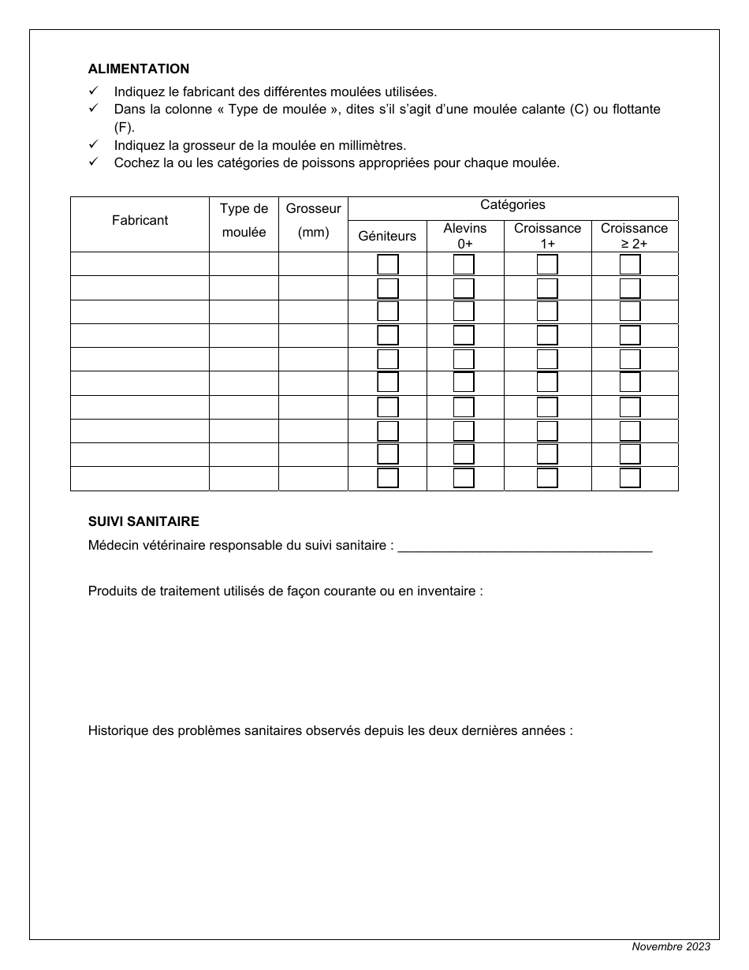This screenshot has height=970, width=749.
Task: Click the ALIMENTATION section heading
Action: (x=139, y=69)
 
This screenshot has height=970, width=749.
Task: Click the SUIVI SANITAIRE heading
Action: (x=143, y=521)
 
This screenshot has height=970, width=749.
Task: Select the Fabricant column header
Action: (x=140, y=221)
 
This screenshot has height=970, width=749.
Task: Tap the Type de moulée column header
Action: (x=244, y=221)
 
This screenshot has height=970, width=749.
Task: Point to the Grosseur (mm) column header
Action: (x=313, y=221)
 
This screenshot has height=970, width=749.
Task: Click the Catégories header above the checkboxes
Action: (x=512, y=205)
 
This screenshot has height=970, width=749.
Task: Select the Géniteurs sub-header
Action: (x=387, y=236)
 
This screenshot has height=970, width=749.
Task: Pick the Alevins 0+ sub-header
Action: (x=465, y=236)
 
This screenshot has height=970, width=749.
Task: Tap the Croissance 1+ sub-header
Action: (x=547, y=236)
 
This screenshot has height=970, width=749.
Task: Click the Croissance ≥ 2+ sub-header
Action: (x=634, y=236)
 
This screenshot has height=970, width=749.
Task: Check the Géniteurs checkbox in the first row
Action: (x=388, y=264)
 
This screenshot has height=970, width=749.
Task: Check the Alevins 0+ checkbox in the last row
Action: (x=464, y=479)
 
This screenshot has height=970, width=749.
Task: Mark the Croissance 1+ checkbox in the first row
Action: (x=547, y=264)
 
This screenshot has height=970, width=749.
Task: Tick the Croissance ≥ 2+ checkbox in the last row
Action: (x=630, y=479)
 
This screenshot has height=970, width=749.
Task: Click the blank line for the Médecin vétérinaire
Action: (x=525, y=546)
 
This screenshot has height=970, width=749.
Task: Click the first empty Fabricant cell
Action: (x=140, y=264)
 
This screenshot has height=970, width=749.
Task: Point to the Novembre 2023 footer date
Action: (x=670, y=947)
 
